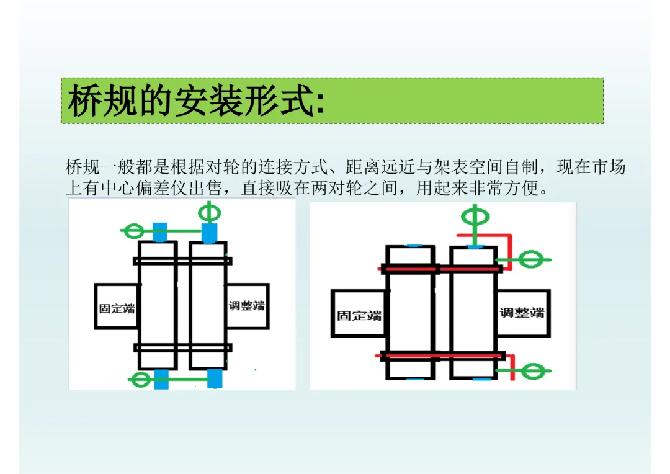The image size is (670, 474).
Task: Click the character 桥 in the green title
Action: click(84, 101)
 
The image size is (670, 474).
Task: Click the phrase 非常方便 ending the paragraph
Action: click(504, 188)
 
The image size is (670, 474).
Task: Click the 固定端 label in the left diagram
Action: click(117, 308)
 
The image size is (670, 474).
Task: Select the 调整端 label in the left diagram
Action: click(246, 306)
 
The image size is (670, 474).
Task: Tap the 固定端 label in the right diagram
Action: click(359, 315)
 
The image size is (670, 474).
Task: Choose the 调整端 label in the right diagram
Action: click(522, 313)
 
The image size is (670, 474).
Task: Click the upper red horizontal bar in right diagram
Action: click(440, 269)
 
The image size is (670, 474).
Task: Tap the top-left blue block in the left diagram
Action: click(160, 231)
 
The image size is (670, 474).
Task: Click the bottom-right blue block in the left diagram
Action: click(215, 378)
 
